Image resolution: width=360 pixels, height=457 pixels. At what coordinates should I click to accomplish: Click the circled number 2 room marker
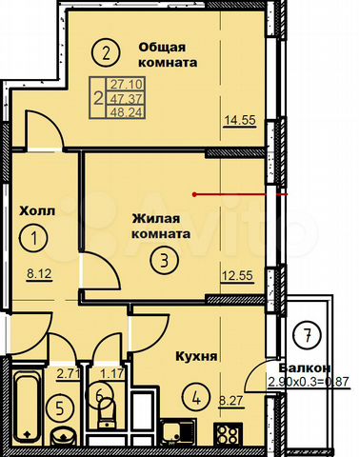[106, 53]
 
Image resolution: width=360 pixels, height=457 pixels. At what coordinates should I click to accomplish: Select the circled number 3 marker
[165, 261]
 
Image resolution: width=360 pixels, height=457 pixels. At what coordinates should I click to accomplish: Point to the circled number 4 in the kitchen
[196, 397]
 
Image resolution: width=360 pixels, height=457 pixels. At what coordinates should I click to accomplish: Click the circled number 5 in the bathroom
[60, 408]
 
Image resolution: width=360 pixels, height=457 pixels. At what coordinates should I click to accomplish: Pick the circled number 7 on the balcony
[308, 336]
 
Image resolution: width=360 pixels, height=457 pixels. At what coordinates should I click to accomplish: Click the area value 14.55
[240, 120]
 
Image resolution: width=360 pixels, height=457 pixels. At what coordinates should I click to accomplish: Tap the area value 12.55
[237, 275]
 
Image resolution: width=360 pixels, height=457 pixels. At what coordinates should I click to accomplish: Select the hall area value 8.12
[39, 273]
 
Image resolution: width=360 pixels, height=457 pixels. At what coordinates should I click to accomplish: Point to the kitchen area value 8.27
[231, 400]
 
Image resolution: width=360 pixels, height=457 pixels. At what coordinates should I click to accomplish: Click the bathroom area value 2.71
[68, 373]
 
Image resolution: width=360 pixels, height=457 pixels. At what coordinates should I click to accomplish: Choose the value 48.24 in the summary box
[126, 112]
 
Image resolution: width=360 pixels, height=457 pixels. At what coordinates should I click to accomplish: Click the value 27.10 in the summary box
[126, 85]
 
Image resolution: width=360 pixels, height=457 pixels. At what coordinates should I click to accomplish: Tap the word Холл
[37, 210]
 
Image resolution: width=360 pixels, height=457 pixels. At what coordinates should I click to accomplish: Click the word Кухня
[197, 356]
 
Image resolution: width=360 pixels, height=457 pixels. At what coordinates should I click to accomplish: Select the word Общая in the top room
[162, 48]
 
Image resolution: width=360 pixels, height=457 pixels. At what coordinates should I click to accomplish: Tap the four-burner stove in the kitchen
[228, 435]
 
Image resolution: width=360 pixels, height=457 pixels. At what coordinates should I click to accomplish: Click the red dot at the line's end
[195, 194]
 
